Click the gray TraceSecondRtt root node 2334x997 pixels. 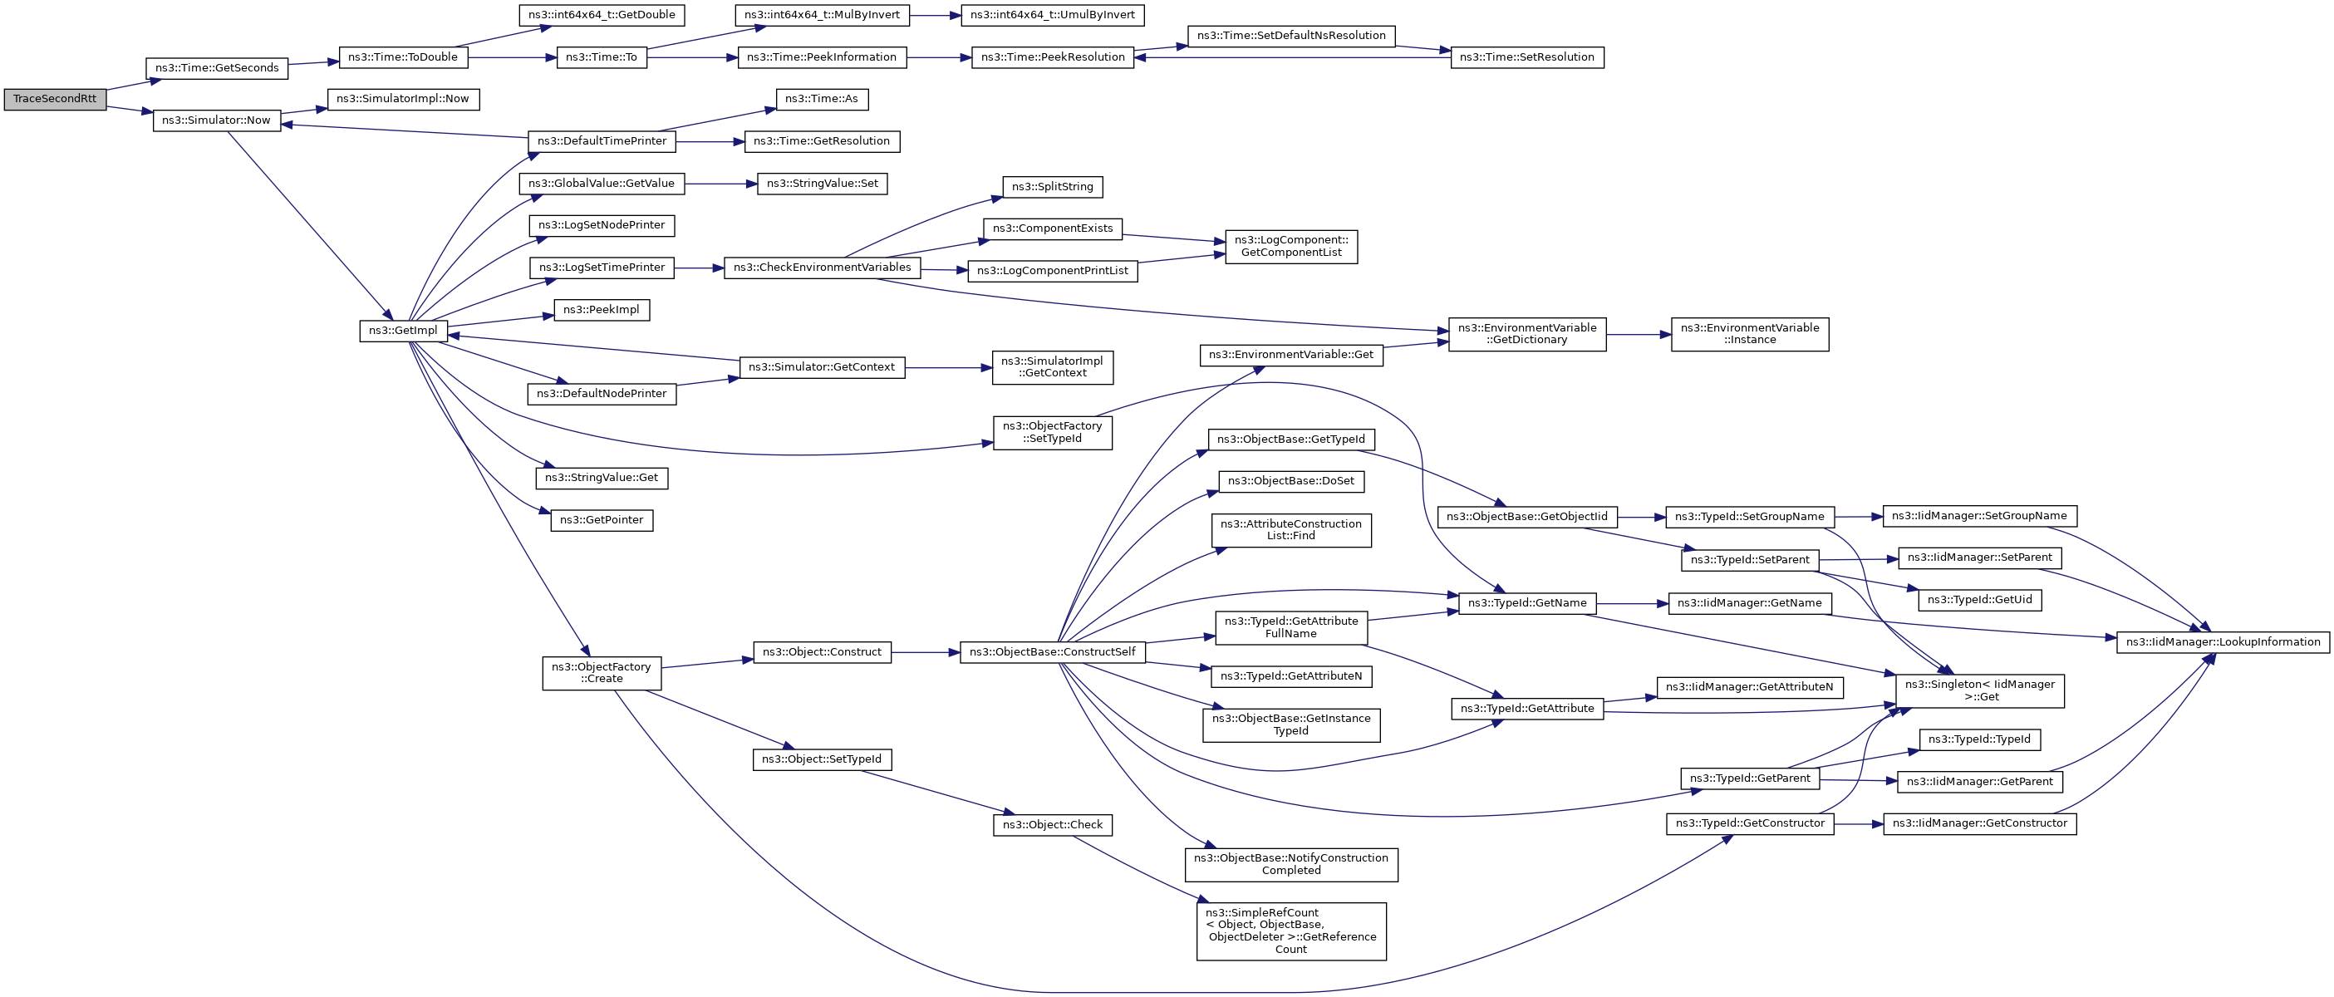(x=54, y=99)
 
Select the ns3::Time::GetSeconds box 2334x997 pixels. (x=217, y=68)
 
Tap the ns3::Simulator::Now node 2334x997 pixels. (x=216, y=120)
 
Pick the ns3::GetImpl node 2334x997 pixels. (x=402, y=331)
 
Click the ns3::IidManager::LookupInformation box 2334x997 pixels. (x=2222, y=642)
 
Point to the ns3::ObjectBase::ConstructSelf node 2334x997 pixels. (x=1052, y=652)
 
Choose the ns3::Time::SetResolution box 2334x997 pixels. (x=1526, y=57)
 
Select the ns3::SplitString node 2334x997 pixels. (x=1052, y=187)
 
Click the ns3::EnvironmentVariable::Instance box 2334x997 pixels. (x=1749, y=335)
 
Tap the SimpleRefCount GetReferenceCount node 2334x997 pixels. (x=1290, y=931)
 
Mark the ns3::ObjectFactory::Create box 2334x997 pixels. (x=602, y=674)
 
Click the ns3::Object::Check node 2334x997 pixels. (x=1052, y=826)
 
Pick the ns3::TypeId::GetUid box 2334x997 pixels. (x=1979, y=600)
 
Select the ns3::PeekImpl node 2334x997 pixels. (x=601, y=310)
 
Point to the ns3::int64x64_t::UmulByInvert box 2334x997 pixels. (x=1052, y=14)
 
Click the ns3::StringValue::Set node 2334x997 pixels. (x=822, y=184)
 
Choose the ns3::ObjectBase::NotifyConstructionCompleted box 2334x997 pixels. (x=1290, y=865)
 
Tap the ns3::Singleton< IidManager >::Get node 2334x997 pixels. (x=1980, y=691)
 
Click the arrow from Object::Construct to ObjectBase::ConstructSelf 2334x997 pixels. (x=924, y=652)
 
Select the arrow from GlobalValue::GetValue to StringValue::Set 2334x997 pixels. (x=720, y=184)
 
